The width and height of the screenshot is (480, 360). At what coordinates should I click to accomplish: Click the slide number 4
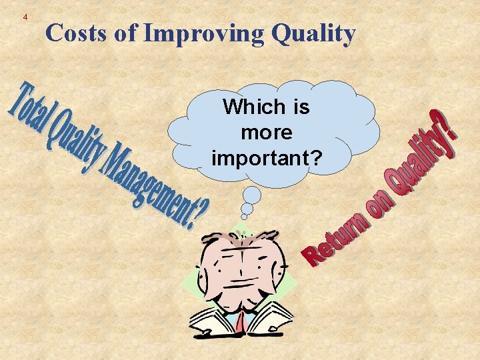point(25,17)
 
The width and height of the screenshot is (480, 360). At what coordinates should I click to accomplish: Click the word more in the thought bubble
point(266,133)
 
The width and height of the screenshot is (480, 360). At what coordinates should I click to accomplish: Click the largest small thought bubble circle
point(252,195)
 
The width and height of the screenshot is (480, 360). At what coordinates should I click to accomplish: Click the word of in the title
point(125,33)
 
